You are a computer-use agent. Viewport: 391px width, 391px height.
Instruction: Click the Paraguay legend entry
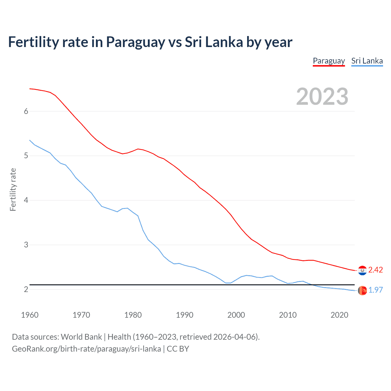(x=329, y=61)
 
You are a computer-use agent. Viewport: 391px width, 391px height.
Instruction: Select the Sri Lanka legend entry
(x=367, y=61)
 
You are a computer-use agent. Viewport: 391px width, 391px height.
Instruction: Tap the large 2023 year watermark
(x=322, y=97)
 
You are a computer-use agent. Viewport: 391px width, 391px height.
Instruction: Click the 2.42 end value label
(x=375, y=270)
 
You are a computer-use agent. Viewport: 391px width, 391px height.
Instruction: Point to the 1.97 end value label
(x=375, y=290)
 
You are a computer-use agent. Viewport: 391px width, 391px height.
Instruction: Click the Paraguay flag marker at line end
(x=362, y=270)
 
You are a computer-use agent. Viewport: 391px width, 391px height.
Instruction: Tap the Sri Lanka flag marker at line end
(x=362, y=291)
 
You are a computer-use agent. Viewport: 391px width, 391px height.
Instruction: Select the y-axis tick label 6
(x=26, y=111)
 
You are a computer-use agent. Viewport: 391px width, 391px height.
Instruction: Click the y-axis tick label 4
(x=26, y=200)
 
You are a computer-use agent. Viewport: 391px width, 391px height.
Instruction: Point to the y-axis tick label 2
(x=26, y=289)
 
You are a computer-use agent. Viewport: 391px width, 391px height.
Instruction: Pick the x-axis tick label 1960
(x=30, y=315)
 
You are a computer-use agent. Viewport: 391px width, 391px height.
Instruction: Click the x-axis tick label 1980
(x=133, y=315)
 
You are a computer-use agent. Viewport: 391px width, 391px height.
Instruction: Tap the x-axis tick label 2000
(x=236, y=315)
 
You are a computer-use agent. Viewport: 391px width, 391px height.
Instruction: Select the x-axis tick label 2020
(x=339, y=315)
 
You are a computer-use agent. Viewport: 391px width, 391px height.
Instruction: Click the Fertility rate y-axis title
(x=13, y=189)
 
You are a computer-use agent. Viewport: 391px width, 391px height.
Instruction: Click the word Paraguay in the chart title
(x=135, y=42)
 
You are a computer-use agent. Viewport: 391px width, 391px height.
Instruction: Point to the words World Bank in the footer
(x=81, y=337)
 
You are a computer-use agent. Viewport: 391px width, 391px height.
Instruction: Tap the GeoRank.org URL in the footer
(x=86, y=349)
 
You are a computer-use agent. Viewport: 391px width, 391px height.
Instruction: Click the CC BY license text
(x=178, y=349)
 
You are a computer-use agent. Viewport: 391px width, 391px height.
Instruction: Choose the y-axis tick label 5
(x=26, y=156)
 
